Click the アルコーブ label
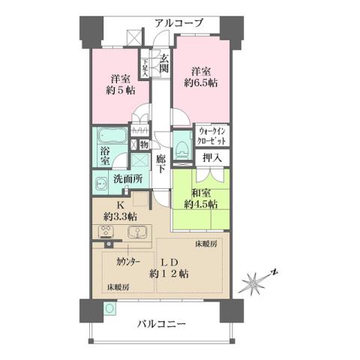tap(179, 23)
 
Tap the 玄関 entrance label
tap(163, 65)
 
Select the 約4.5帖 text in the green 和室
tap(201, 202)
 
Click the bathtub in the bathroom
tap(111, 138)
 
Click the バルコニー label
tap(162, 324)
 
